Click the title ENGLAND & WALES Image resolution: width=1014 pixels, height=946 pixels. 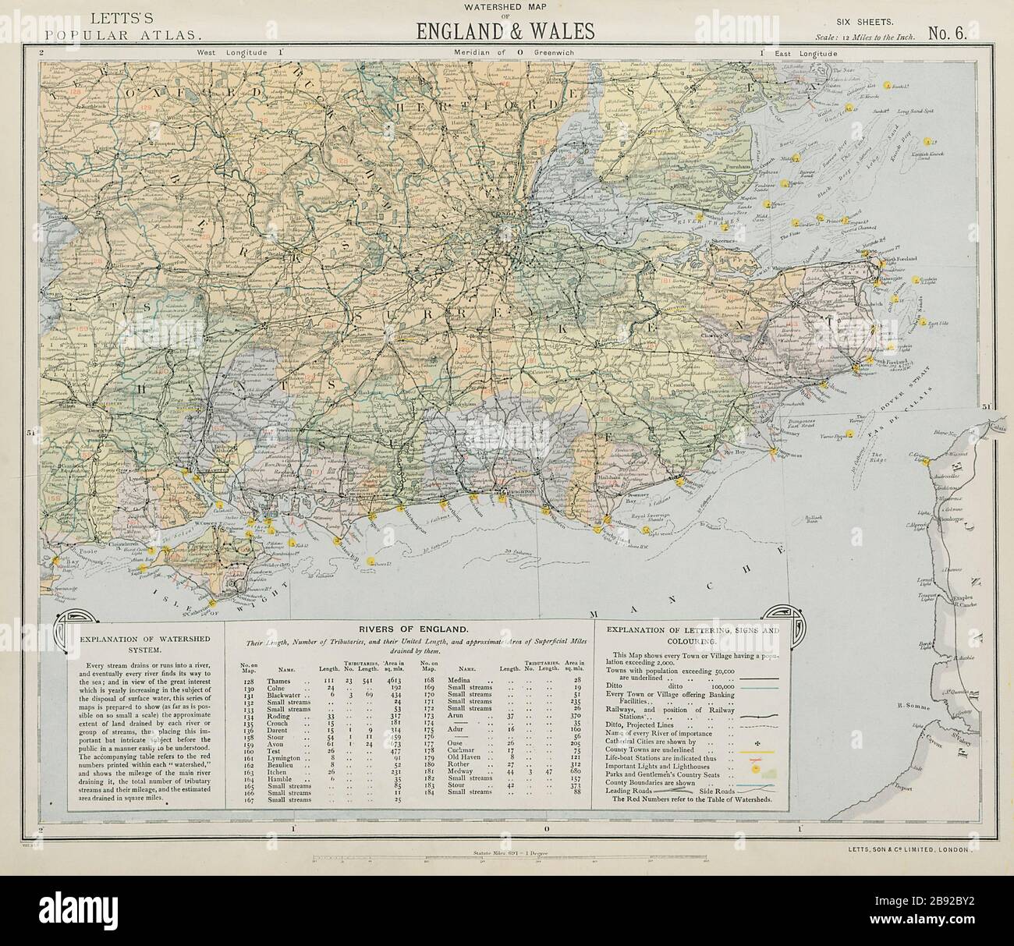click(x=506, y=30)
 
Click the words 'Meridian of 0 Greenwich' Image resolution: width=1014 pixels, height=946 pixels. click(x=505, y=53)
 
